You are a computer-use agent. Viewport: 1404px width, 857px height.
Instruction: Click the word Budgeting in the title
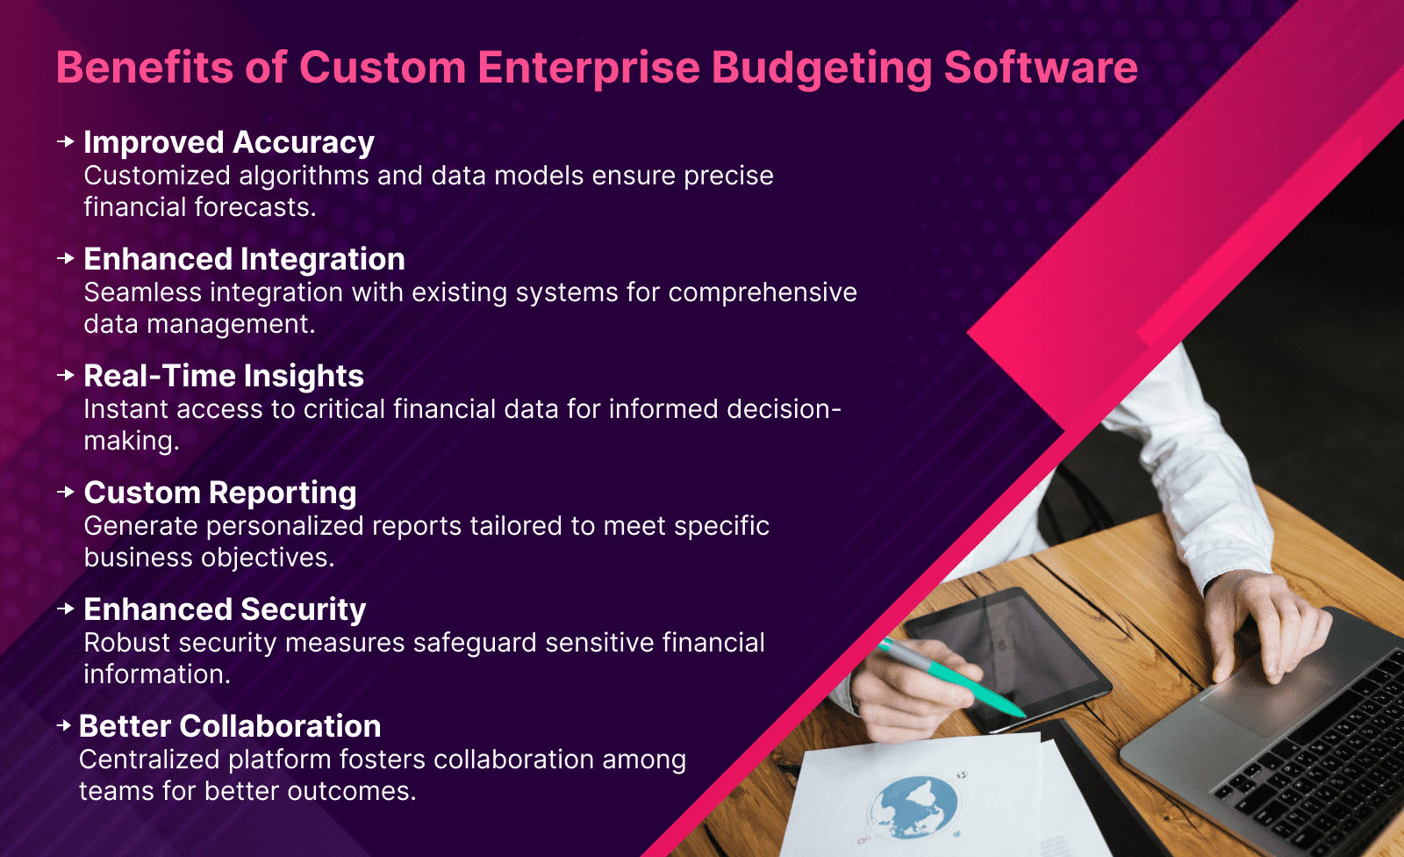[820, 68]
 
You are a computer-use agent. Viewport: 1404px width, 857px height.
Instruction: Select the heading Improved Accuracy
[229, 142]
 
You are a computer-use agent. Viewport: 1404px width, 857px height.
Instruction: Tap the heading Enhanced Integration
[244, 259]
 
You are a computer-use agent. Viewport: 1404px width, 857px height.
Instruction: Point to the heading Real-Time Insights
[224, 376]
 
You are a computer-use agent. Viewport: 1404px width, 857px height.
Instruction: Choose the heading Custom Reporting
[220, 493]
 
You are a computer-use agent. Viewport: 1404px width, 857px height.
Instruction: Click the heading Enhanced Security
[225, 609]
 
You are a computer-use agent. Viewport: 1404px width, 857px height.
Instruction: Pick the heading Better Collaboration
[230, 726]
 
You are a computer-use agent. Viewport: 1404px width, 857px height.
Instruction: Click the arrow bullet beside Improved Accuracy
[65, 141]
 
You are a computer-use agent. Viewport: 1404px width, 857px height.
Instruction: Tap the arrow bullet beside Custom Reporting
[65, 492]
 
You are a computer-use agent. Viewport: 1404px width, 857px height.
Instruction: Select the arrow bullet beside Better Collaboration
[63, 725]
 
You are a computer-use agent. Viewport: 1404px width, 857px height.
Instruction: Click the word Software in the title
[1041, 68]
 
